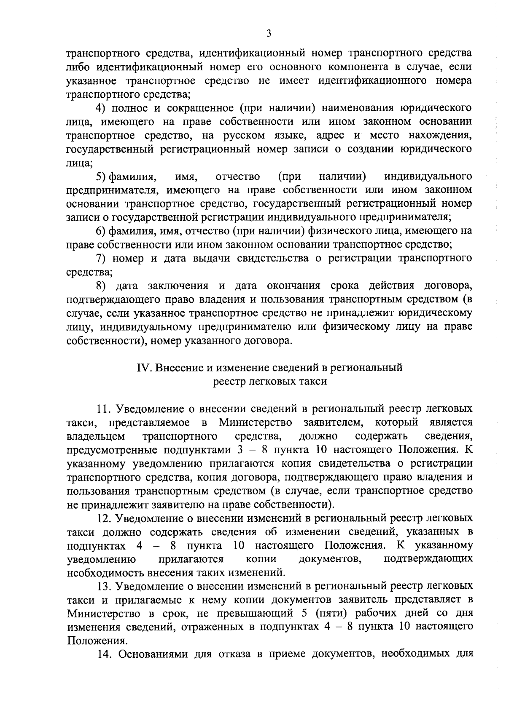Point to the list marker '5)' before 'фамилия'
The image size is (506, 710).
(x=101, y=176)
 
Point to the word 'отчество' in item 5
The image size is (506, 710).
(x=237, y=176)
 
